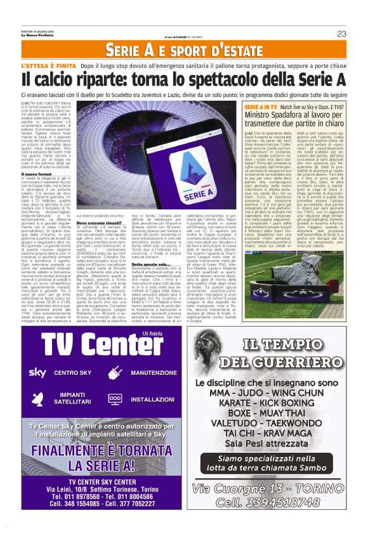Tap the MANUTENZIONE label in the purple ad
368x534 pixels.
(154, 373)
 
